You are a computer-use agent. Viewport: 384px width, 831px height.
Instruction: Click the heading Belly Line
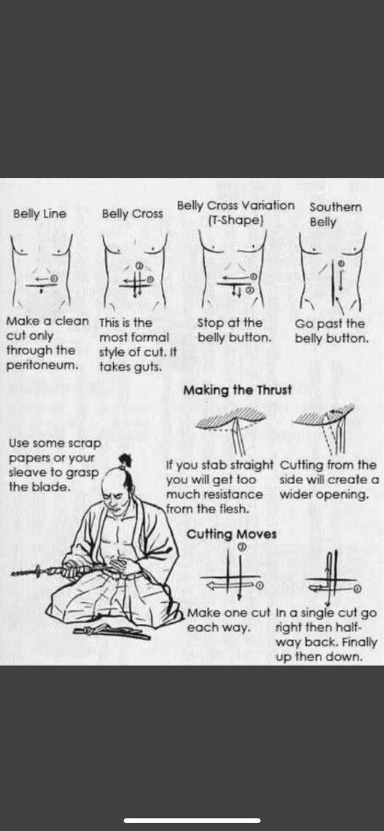(40, 214)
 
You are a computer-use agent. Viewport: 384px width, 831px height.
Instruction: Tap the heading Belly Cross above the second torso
(132, 214)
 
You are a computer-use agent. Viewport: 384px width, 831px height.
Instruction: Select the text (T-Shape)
(235, 220)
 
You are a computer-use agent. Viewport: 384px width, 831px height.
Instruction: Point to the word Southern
(335, 206)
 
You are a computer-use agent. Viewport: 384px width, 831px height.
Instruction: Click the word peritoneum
(40, 365)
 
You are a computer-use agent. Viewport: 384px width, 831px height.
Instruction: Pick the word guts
(148, 367)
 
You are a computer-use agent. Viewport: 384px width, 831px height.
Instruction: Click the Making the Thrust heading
(238, 390)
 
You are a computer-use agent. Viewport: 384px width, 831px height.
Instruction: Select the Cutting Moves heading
(232, 534)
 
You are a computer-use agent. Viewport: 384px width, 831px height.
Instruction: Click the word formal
(150, 337)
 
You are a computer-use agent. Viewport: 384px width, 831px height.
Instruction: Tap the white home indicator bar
(192, 820)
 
